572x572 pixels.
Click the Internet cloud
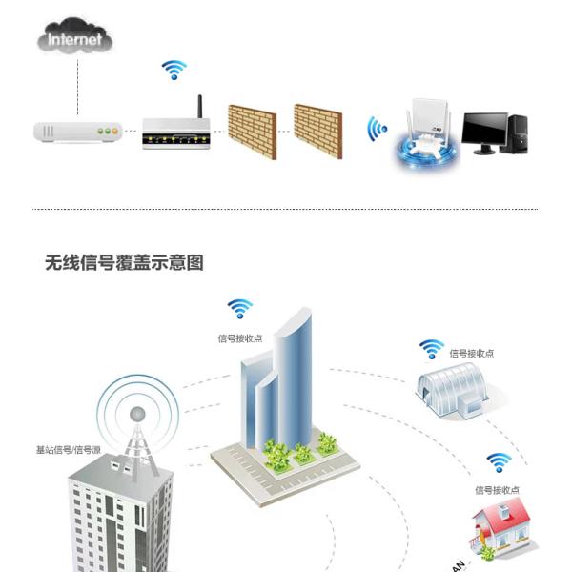tap(75, 40)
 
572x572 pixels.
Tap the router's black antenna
tap(200, 108)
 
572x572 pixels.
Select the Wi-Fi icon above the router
tap(174, 70)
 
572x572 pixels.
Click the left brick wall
tap(252, 131)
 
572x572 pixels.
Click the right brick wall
tap(317, 131)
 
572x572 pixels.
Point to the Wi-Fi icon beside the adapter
tap(378, 129)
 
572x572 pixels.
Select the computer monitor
tap(484, 131)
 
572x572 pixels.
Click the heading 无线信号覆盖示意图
tap(124, 262)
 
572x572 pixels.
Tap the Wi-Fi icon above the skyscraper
tap(239, 309)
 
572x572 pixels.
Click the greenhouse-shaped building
tap(452, 386)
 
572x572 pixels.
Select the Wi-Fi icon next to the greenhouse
tap(432, 349)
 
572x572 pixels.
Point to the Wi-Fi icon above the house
tap(498, 462)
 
